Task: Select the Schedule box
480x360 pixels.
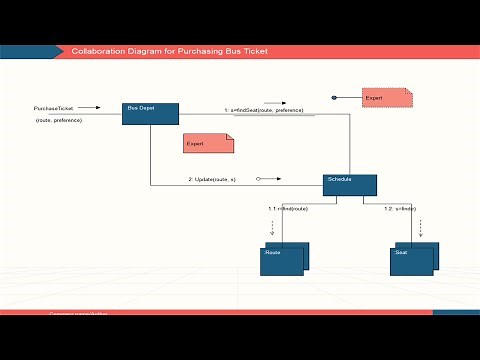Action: [350, 185]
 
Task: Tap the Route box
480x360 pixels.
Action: [284, 258]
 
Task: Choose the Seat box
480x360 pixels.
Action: [412, 259]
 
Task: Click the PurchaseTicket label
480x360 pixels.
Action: [53, 108]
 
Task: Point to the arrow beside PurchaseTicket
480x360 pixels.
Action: [89, 108]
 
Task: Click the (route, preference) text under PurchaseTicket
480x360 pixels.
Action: [58, 120]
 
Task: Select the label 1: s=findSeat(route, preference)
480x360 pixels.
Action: [263, 110]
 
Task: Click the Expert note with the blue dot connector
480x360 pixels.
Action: [387, 98]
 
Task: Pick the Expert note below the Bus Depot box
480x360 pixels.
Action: [208, 144]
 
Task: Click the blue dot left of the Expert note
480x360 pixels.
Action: [335, 98]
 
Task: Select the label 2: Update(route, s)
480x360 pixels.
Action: [212, 179]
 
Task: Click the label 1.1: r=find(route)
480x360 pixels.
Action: [288, 208]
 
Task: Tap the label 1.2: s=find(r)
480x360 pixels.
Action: [400, 208]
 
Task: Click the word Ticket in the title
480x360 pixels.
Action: [254, 51]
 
